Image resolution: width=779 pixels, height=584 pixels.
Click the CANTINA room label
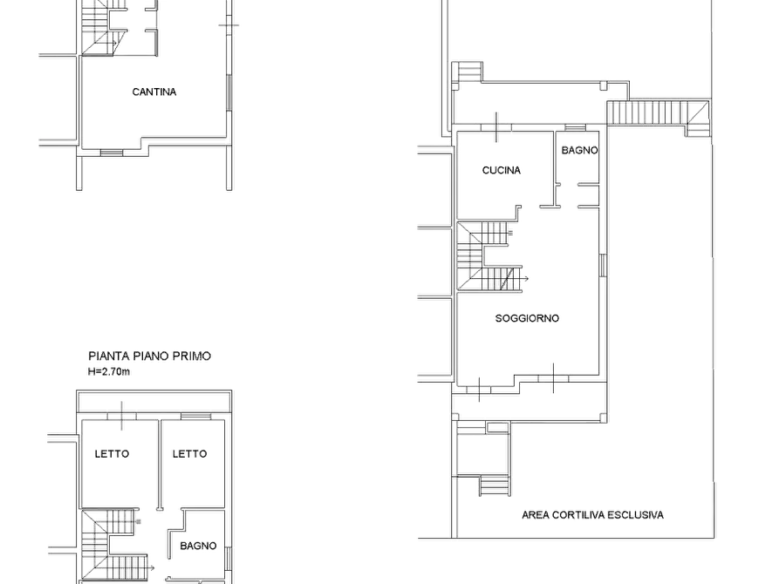154,92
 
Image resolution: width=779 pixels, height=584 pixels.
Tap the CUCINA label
502,170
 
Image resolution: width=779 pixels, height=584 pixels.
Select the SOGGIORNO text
527,318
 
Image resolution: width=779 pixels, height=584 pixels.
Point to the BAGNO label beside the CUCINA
579,150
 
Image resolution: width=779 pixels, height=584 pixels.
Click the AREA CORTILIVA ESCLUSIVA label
592,515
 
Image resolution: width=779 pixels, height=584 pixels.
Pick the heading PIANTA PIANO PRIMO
149,356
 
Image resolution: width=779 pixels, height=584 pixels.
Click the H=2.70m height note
109,371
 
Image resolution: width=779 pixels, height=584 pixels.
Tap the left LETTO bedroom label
112,454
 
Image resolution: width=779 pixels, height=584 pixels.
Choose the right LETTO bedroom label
189,454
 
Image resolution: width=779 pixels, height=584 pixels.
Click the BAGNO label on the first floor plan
198,546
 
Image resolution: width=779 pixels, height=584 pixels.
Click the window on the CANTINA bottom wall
112,153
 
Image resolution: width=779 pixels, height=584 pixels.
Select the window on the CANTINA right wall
229,93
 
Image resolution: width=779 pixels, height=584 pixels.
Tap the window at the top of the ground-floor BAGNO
575,128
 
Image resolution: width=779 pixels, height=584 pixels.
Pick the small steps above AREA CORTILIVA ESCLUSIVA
495,486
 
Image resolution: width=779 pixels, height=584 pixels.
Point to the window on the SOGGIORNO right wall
603,265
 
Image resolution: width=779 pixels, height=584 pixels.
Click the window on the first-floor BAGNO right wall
229,558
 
